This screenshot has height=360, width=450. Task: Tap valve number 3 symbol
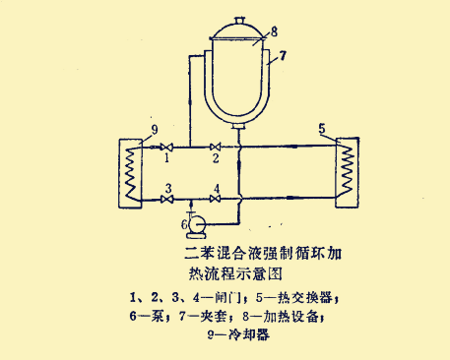167,200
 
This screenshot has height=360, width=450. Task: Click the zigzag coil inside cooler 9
129,173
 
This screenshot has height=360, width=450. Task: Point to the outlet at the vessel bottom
237,125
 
